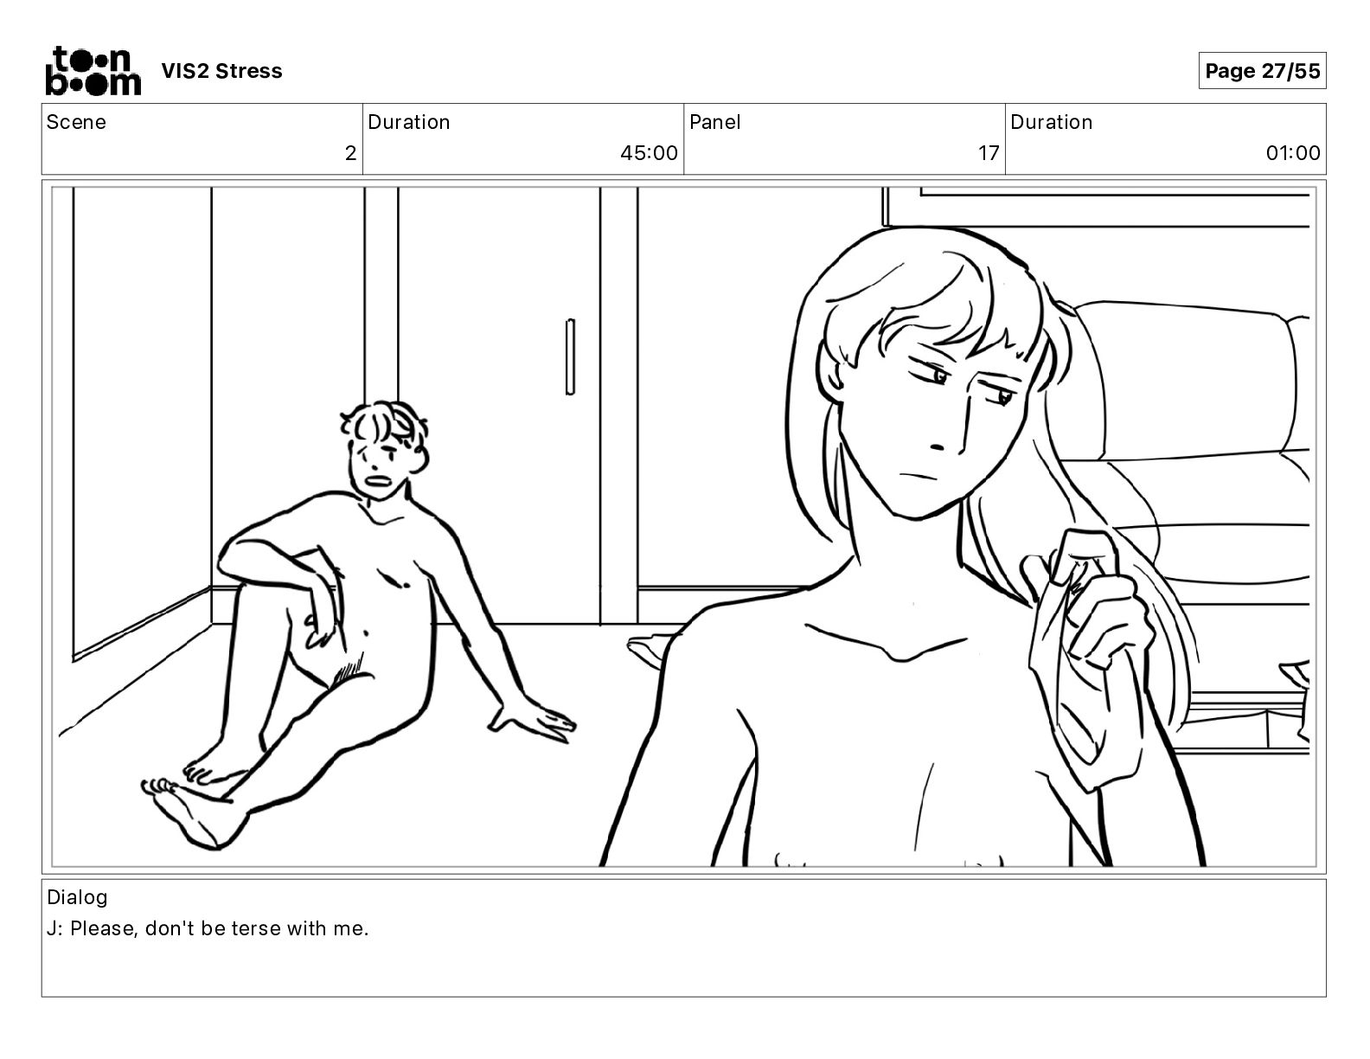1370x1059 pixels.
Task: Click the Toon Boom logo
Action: [93, 71]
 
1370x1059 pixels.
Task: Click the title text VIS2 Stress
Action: [221, 71]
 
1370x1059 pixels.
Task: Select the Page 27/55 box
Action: [1262, 71]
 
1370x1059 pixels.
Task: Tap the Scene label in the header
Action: [75, 122]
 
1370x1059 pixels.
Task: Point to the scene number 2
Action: [350, 152]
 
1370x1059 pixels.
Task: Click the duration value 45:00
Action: [649, 152]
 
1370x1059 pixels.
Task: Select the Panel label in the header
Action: [715, 122]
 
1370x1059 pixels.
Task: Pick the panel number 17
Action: [989, 152]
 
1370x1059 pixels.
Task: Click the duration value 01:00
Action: [1292, 152]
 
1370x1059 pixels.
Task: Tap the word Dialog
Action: [77, 897]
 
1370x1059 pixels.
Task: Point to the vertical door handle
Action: [570, 357]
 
